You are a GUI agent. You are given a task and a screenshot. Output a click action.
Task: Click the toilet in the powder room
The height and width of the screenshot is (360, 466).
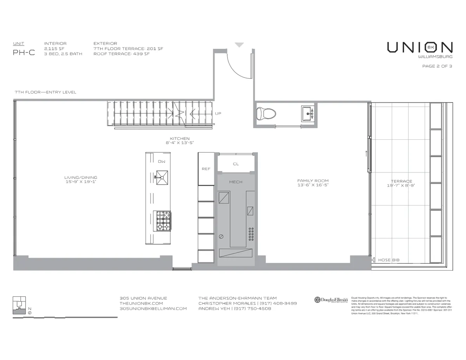266,113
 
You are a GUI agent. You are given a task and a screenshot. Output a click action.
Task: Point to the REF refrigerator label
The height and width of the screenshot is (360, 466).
206,169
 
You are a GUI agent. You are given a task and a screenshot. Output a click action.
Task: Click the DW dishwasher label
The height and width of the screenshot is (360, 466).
162,161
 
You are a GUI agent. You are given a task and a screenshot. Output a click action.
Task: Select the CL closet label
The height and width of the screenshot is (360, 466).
236,164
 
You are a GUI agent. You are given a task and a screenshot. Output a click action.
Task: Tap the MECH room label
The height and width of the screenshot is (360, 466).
236,182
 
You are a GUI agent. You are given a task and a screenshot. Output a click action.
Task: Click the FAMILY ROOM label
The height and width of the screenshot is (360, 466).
313,181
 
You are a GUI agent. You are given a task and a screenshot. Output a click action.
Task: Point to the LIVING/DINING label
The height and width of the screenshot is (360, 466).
81,177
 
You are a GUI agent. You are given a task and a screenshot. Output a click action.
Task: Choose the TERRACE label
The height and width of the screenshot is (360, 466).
402,181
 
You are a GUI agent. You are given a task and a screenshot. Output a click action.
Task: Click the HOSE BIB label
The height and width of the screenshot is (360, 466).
389,260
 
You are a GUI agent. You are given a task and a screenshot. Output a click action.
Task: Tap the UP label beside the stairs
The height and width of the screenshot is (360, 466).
218,114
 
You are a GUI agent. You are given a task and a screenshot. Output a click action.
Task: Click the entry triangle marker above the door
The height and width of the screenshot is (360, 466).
239,45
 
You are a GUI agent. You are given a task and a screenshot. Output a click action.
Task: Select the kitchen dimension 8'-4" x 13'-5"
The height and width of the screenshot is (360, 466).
179,143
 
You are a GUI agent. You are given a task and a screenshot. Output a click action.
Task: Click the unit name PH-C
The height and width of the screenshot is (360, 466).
24,53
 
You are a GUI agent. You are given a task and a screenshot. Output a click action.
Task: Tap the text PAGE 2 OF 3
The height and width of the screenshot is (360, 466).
437,66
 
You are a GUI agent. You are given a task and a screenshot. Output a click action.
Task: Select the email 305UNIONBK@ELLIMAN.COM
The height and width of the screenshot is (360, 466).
153,309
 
